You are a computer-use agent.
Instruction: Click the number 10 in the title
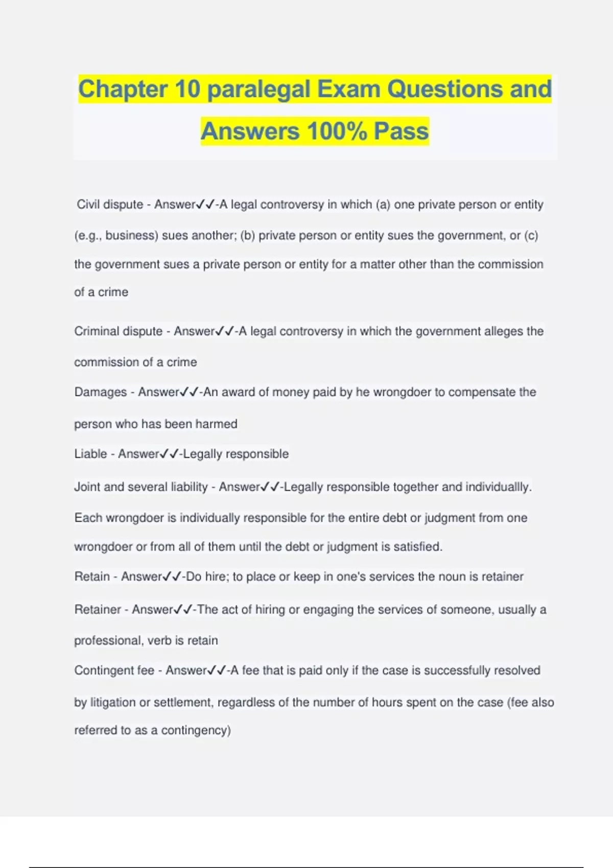[x=187, y=89]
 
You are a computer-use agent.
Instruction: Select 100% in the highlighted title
[x=337, y=131]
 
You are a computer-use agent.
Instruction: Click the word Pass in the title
[x=401, y=131]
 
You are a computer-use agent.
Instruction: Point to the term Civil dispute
[x=110, y=204]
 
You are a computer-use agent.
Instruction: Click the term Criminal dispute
[x=118, y=331]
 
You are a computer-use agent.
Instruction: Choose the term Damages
[x=100, y=392]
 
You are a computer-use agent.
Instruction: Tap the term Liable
[x=90, y=454]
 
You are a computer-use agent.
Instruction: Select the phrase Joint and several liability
[x=140, y=487]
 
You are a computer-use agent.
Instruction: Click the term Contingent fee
[x=114, y=670]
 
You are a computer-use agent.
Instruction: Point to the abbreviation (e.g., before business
[x=88, y=235]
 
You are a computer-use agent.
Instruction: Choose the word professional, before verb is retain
[x=108, y=640]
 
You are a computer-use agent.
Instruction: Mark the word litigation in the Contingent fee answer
[x=113, y=703]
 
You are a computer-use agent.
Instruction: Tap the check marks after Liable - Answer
[x=169, y=454]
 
